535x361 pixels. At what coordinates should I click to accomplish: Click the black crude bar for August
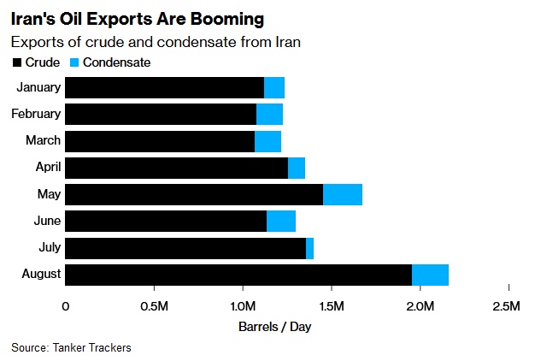[238, 275]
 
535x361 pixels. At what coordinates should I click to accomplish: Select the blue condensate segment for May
[343, 194]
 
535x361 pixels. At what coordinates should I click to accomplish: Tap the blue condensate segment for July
[309, 248]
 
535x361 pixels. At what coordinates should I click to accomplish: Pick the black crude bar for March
[160, 141]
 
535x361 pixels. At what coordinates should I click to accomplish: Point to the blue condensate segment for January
[274, 87]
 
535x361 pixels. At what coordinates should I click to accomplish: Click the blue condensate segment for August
[430, 275]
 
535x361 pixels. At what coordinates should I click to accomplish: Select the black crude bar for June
[166, 222]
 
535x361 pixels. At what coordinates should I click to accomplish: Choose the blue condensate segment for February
[269, 114]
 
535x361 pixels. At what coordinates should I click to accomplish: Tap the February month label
[36, 114]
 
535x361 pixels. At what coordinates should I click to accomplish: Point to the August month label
[40, 275]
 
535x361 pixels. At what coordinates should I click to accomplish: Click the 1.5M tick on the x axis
[331, 305]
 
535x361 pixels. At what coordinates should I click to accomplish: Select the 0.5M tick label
[154, 305]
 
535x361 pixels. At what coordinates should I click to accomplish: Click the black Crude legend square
[16, 62]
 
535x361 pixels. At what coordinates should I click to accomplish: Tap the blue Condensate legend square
[74, 62]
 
